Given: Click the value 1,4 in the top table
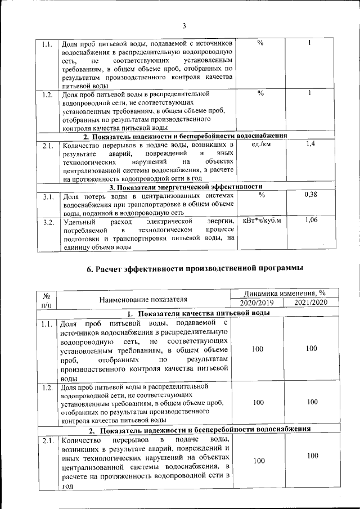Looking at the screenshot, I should [310, 145].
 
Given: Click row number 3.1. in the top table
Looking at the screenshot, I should [48, 197].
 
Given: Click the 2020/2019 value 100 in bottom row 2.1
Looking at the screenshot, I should [258, 461].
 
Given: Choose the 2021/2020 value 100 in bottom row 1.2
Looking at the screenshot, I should [312, 402].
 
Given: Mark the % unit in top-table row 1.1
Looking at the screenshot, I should [260, 44].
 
